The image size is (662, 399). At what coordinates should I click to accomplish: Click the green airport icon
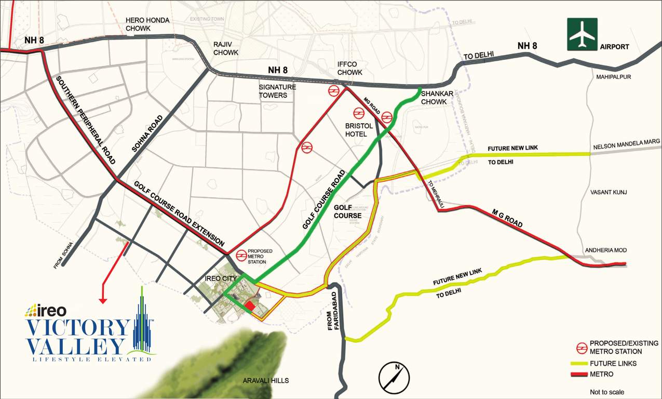pos(582,34)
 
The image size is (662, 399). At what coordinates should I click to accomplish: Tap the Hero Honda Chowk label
pos(147,24)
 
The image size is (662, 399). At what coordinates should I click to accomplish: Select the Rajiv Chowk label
pos(226,48)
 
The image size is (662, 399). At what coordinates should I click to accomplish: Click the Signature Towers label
pos(277,91)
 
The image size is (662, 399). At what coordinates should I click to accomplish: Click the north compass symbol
pos(394,378)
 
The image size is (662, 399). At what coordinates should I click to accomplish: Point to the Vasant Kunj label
pos(609,192)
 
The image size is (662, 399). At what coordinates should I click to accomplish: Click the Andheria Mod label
pos(606,250)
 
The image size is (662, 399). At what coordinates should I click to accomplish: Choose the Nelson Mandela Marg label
pos(626,142)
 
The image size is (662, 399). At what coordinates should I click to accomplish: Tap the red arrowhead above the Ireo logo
pos(103,300)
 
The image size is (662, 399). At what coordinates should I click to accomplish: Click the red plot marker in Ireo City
pos(250,307)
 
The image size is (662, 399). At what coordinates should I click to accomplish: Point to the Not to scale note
pos(607,392)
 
